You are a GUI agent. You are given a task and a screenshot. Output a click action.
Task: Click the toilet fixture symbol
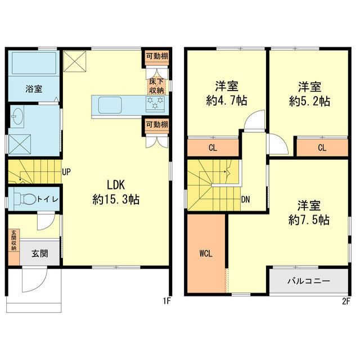tap(25, 199)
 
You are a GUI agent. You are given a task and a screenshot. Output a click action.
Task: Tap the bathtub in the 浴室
tap(34, 64)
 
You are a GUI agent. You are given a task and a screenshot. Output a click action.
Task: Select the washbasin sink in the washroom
tap(17, 116)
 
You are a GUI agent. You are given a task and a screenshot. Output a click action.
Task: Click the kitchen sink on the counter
tap(110, 105)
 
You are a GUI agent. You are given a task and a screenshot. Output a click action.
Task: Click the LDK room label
tap(116, 184)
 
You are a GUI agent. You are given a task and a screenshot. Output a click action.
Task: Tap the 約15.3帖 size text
tap(116, 200)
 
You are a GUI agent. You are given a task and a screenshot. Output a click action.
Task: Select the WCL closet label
tap(206, 254)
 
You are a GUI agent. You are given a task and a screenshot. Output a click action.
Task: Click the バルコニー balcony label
tap(309, 281)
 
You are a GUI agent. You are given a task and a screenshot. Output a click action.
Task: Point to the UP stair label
tap(66, 172)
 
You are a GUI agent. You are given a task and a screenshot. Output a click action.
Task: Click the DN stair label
tap(246, 200)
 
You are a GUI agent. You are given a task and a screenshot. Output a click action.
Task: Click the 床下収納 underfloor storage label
tap(156, 86)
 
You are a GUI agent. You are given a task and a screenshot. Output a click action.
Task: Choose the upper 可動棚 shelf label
tap(157, 56)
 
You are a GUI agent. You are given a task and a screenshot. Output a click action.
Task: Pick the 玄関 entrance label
tap(40, 254)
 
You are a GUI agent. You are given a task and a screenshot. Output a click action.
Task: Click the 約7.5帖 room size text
tap(309, 220)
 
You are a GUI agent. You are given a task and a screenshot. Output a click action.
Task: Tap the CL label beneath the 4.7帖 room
tap(213, 148)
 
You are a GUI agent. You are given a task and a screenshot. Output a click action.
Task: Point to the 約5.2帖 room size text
tap(309, 101)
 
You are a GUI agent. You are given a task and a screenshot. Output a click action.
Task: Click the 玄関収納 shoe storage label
tap(14, 240)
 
